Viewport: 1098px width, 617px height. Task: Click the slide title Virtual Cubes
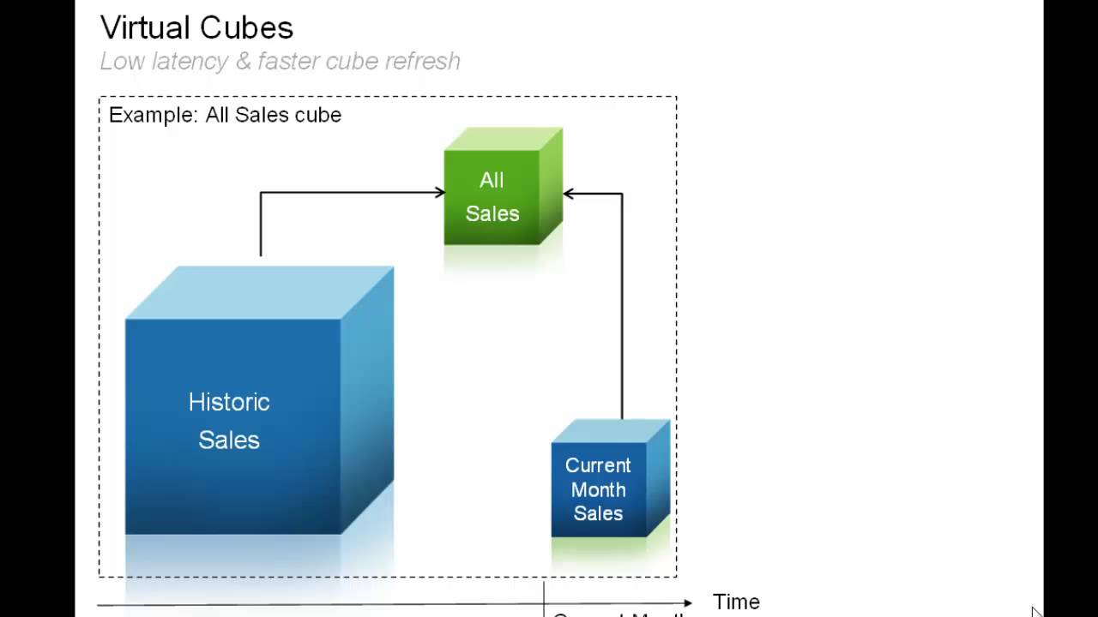pyautogui.click(x=196, y=27)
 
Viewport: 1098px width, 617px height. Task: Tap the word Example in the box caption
pyautogui.click(x=151, y=115)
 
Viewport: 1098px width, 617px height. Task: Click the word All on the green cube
pyautogui.click(x=492, y=181)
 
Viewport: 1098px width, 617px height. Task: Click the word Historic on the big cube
pyautogui.click(x=229, y=402)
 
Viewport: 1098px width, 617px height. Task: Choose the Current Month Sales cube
pyautogui.click(x=599, y=489)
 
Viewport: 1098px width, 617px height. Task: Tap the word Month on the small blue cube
pyautogui.click(x=598, y=490)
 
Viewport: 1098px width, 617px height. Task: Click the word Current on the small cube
pyautogui.click(x=598, y=465)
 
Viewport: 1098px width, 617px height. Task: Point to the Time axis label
pyautogui.click(x=736, y=602)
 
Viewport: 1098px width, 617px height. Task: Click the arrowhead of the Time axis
pyautogui.click(x=687, y=603)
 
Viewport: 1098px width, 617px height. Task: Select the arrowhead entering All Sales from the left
pyautogui.click(x=439, y=193)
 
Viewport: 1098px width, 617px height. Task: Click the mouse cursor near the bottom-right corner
pyautogui.click(x=1036, y=612)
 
